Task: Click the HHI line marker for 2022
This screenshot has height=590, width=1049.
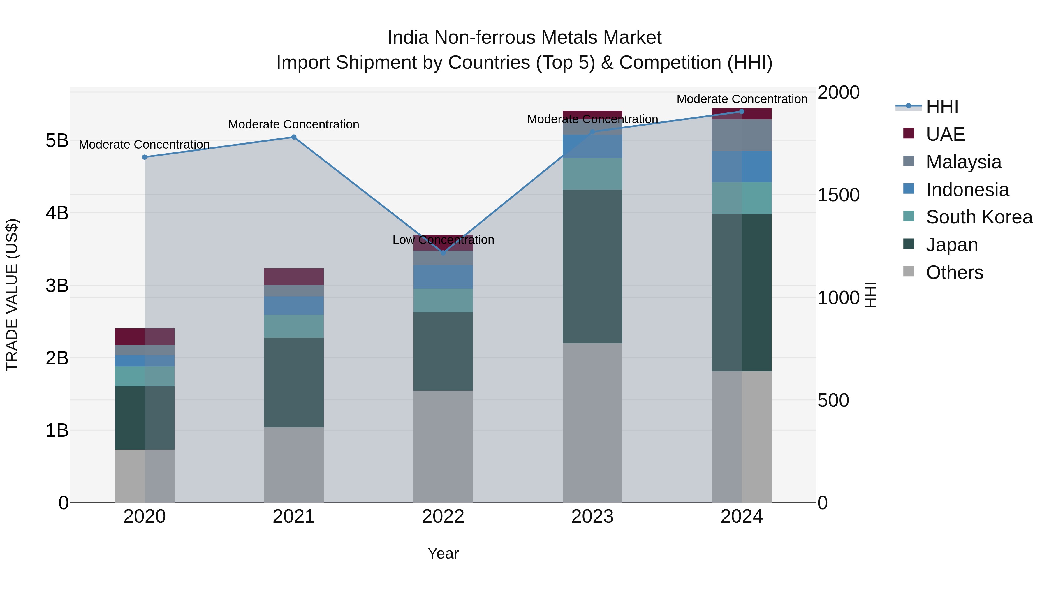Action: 443,252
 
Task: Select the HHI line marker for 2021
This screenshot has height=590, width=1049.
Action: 294,137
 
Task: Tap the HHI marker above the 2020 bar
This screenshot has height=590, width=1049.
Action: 145,157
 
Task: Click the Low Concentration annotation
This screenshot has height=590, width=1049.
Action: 443,240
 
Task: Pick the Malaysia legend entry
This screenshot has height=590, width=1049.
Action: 963,162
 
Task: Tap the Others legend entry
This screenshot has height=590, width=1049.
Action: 954,272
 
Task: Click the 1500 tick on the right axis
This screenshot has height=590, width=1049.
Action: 838,195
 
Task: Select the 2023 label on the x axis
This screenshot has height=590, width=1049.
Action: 592,517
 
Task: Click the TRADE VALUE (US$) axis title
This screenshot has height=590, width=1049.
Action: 12,295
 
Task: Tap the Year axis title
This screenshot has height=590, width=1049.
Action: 443,553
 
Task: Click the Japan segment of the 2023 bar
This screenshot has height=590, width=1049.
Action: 592,266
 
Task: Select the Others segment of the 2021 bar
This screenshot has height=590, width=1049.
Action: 294,465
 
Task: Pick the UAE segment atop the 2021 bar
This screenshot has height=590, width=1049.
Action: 294,276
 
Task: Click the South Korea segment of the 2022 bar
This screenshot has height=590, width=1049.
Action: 443,300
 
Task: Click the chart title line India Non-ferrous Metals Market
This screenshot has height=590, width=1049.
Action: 524,38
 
